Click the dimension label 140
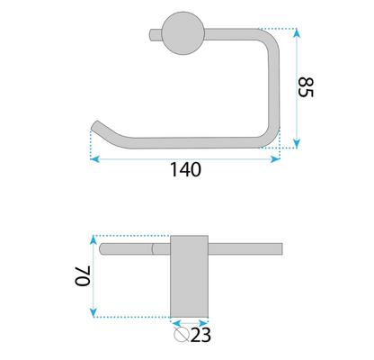(185, 169)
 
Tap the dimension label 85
(306, 87)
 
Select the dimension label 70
(83, 276)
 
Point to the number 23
(200, 335)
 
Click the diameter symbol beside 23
(182, 335)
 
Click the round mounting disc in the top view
(183, 33)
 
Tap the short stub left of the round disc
(156, 34)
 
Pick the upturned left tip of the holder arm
(95, 125)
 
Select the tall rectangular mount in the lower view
(189, 276)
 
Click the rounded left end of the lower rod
(102, 249)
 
